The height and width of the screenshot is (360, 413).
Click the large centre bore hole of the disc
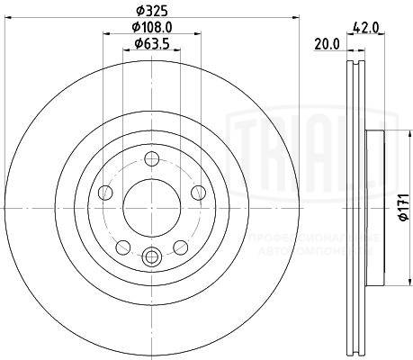point(150,199)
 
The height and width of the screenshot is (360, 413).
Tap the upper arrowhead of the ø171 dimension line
point(393,136)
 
